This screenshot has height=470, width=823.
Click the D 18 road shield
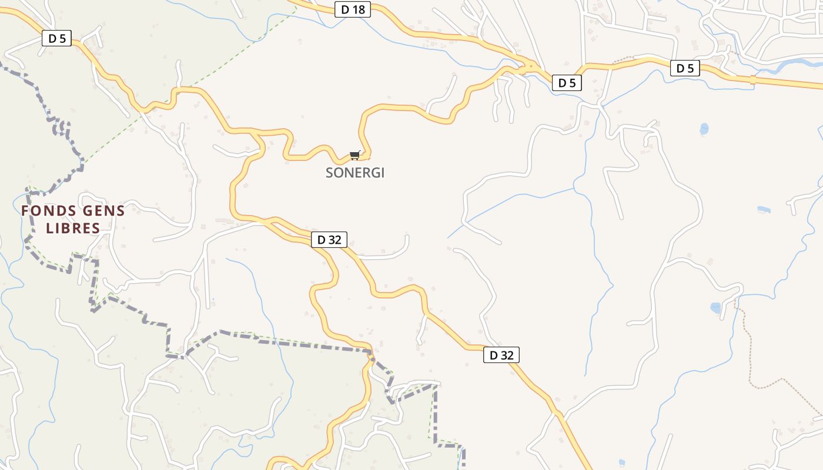pyautogui.click(x=353, y=9)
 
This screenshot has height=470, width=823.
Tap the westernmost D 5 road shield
pyautogui.click(x=56, y=39)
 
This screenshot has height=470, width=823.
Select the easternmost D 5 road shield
pyautogui.click(x=685, y=68)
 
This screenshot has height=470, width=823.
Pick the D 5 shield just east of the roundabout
pyautogui.click(x=567, y=83)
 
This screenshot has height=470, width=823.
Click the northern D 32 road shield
pyautogui.click(x=329, y=239)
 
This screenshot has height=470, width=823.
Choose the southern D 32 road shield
pyautogui.click(x=501, y=355)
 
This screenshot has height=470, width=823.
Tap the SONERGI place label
pyautogui.click(x=355, y=173)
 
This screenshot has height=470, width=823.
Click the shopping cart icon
pyautogui.click(x=354, y=155)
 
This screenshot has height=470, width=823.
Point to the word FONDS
pyautogui.click(x=48, y=211)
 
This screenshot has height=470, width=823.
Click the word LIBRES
pyautogui.click(x=73, y=228)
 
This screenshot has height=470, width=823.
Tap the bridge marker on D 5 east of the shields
pyautogui.click(x=753, y=79)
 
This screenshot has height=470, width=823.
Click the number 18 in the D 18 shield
pyautogui.click(x=358, y=9)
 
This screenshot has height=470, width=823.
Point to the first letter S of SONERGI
pyautogui.click(x=330, y=173)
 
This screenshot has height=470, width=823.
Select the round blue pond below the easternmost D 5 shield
pyautogui.click(x=704, y=128)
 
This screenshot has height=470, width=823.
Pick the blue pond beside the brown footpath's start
pyautogui.click(x=715, y=307)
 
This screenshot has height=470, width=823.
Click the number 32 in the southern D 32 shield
pyautogui.click(x=508, y=355)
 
